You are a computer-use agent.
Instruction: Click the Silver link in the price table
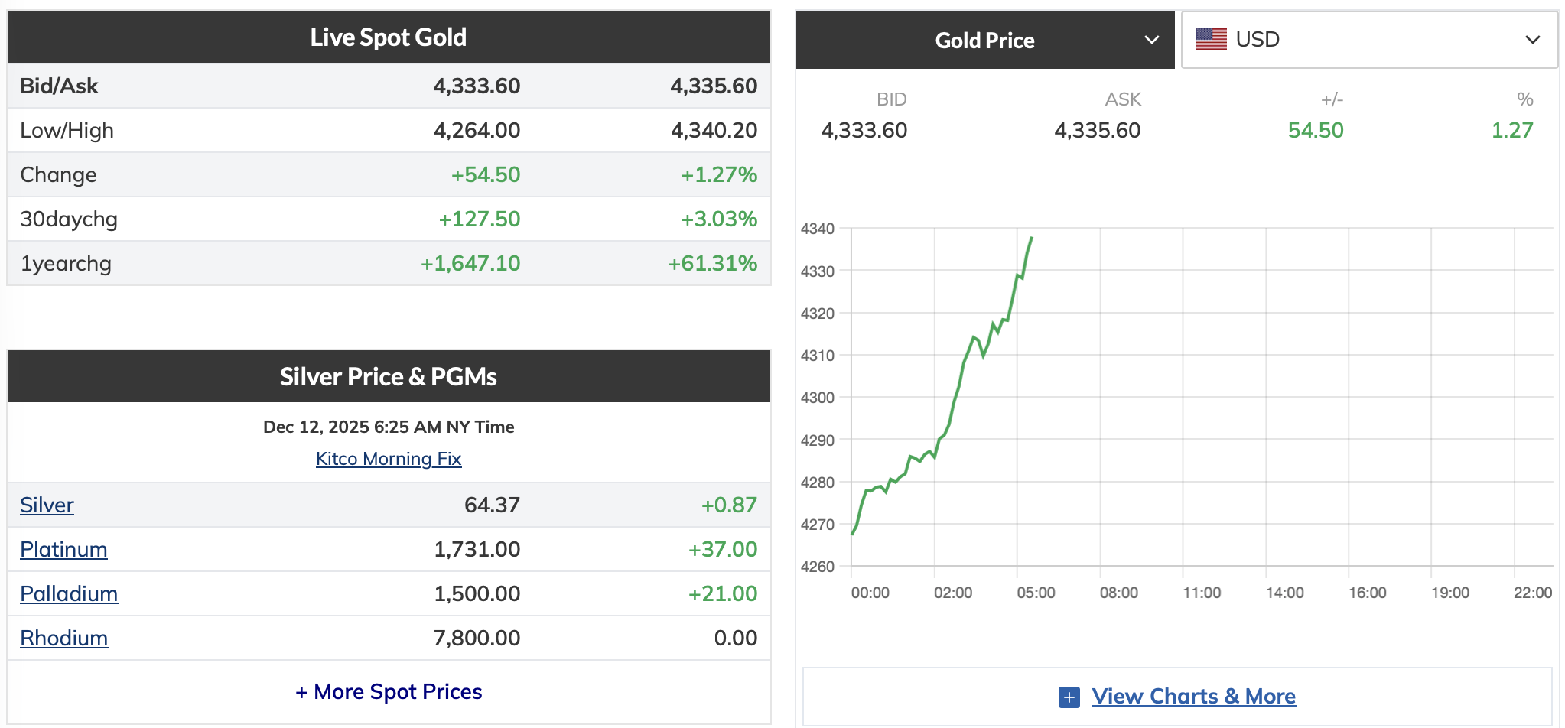47,505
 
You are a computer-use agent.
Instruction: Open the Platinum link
63,549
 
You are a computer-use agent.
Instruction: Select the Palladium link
69,593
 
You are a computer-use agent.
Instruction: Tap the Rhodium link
63,638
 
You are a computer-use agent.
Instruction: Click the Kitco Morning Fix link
389,459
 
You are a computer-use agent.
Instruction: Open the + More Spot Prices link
389,691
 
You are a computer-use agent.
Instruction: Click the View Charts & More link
1193,696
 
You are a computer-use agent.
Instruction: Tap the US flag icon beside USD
1211,39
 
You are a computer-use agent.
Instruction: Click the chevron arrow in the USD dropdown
1532,40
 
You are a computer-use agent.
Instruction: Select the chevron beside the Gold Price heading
1151,40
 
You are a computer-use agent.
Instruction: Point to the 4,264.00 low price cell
477,130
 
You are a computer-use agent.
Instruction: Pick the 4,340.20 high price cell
714,130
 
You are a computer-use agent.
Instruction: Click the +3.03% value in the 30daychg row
719,219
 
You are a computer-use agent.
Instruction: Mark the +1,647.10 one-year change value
470,263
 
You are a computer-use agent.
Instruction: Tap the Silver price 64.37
492,505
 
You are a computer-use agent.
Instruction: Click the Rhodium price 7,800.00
477,638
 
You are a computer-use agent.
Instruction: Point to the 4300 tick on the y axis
817,398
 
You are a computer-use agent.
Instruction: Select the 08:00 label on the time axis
1118,593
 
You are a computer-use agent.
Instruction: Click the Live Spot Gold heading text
389,37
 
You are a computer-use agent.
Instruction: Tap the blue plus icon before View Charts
1069,697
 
